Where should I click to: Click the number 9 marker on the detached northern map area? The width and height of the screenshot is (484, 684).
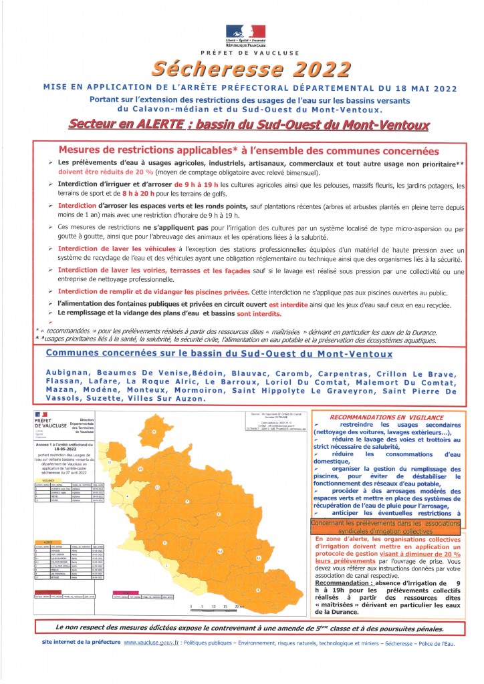pos(153,432)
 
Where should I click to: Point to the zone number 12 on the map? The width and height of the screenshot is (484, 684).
pos(140,470)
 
